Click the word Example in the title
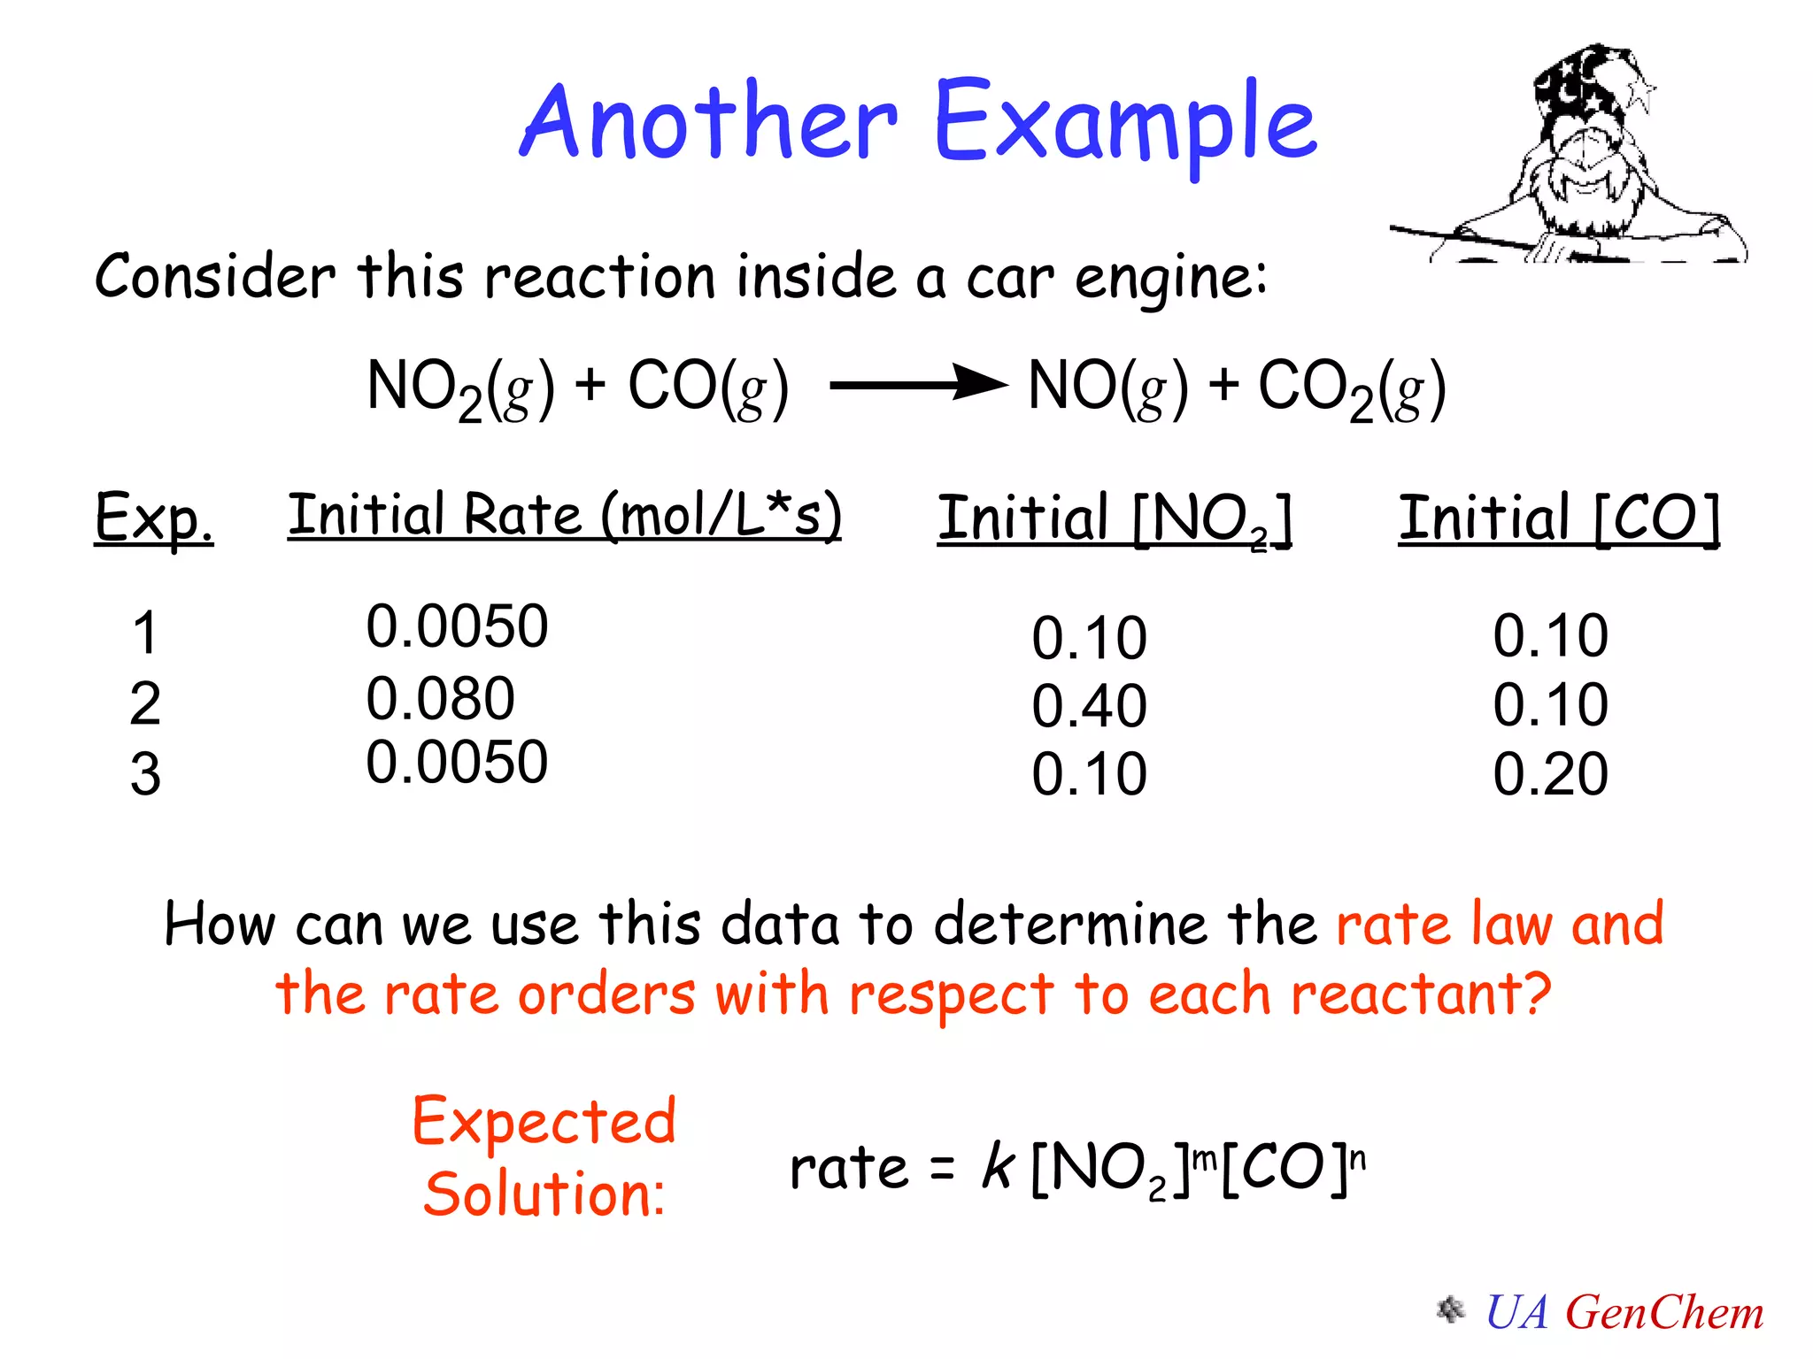point(1124,124)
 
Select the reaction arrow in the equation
point(919,385)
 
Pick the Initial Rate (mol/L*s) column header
point(564,516)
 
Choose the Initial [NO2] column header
point(1115,519)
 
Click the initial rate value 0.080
point(440,698)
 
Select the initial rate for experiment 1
point(457,626)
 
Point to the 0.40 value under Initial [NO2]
point(1089,706)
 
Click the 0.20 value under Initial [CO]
point(1550,774)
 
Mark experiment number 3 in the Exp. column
point(145,774)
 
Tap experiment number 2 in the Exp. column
point(145,704)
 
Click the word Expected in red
point(544,1122)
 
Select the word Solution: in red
point(544,1194)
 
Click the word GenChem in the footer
point(1664,1313)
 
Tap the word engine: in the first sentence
point(1170,280)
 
